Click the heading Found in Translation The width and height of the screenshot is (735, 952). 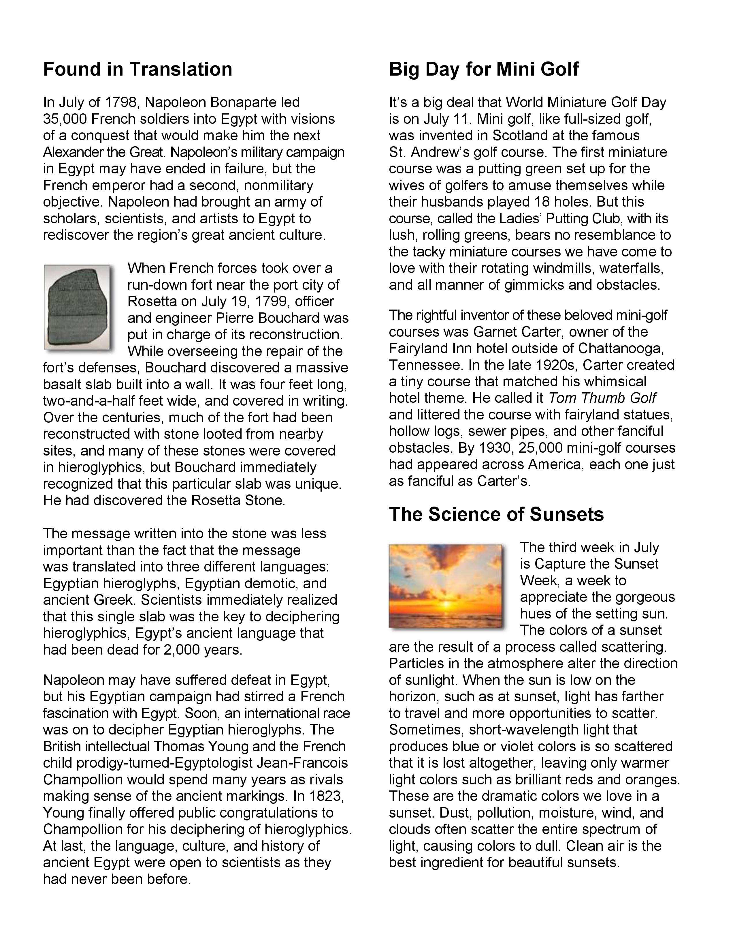pos(137,69)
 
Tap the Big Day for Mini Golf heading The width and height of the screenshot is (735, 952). pos(484,69)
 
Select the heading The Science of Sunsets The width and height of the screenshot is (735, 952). pos(496,514)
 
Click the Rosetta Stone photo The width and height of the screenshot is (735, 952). pos(77,307)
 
